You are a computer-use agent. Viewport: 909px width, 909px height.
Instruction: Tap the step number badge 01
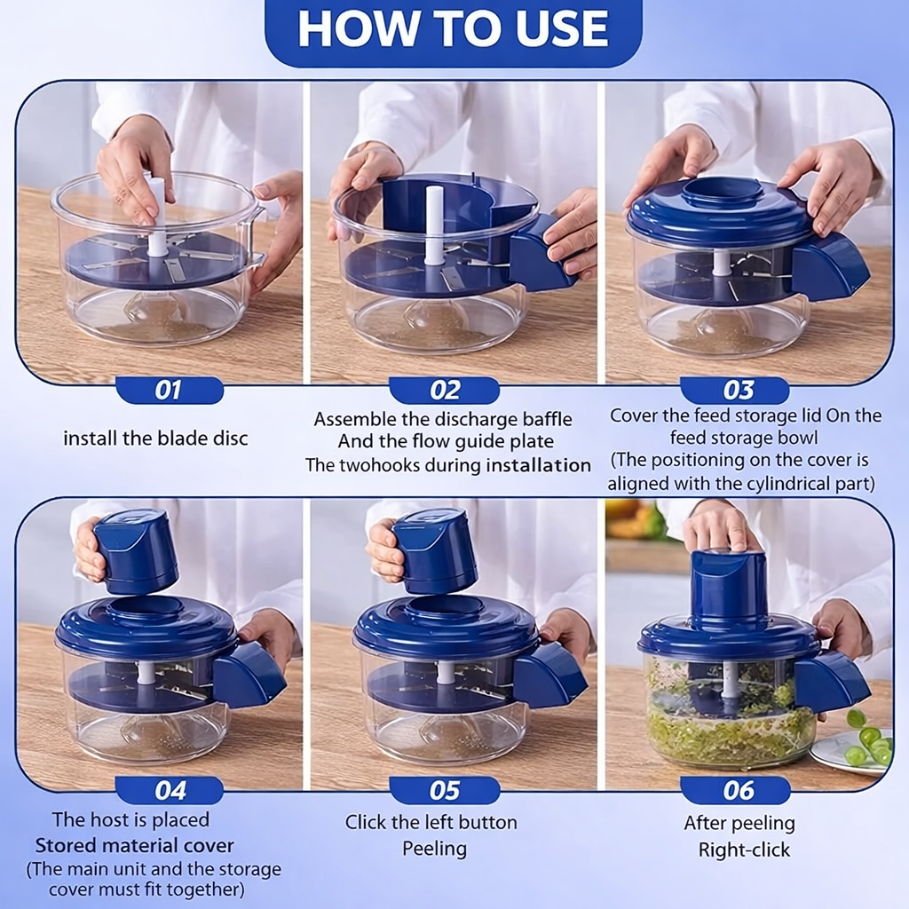(169, 390)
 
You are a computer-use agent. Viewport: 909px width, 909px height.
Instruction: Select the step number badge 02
(445, 390)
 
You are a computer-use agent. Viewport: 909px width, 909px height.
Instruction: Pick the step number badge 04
(170, 789)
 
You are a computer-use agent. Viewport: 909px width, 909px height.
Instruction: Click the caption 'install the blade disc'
(155, 439)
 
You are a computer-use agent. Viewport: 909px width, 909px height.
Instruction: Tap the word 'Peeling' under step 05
(434, 849)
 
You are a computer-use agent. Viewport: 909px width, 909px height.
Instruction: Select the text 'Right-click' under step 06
(744, 850)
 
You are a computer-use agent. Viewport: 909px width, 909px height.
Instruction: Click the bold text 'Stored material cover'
(135, 845)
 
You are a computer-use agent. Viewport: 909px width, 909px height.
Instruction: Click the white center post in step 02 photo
(434, 225)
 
